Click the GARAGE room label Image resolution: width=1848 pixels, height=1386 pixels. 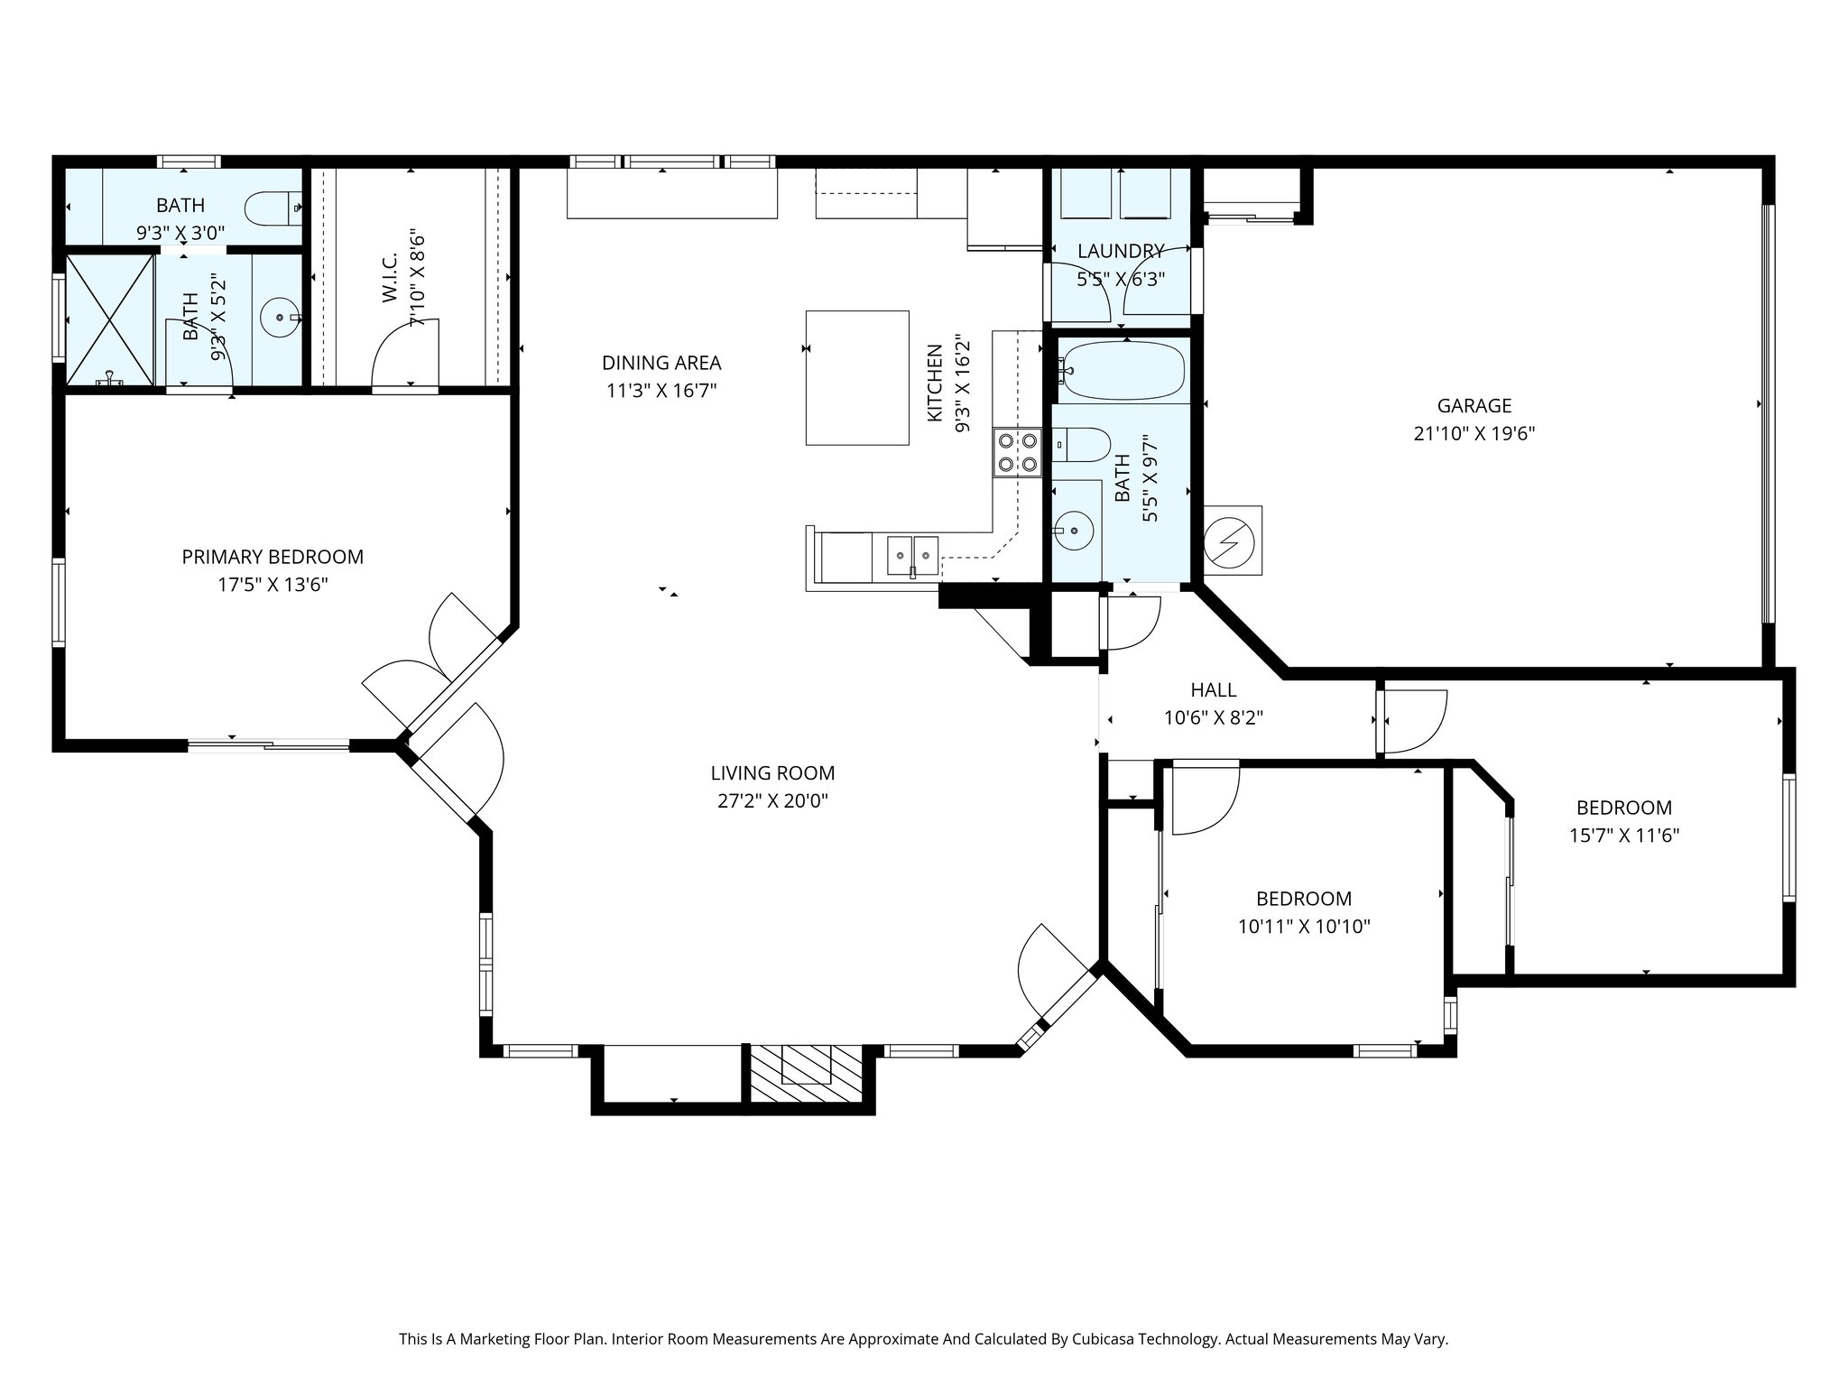[1474, 406]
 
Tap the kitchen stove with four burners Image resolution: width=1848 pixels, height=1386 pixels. [1017, 452]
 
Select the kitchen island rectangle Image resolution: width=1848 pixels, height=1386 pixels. [857, 377]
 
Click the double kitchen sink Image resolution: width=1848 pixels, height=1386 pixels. [912, 554]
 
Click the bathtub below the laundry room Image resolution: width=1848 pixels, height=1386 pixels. [1122, 371]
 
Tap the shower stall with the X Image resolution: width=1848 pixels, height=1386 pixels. [109, 320]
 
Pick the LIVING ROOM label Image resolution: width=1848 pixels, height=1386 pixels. [772, 773]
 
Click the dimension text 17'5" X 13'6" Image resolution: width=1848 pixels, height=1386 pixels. [273, 585]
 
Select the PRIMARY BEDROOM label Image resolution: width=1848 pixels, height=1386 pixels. [273, 557]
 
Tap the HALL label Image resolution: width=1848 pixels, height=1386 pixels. [1214, 690]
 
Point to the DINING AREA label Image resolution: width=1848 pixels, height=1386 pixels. [661, 363]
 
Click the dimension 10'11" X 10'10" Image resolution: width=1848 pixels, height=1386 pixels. [1304, 927]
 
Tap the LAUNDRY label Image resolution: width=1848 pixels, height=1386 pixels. [1121, 251]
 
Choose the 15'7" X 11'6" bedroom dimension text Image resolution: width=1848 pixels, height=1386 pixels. [1624, 836]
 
